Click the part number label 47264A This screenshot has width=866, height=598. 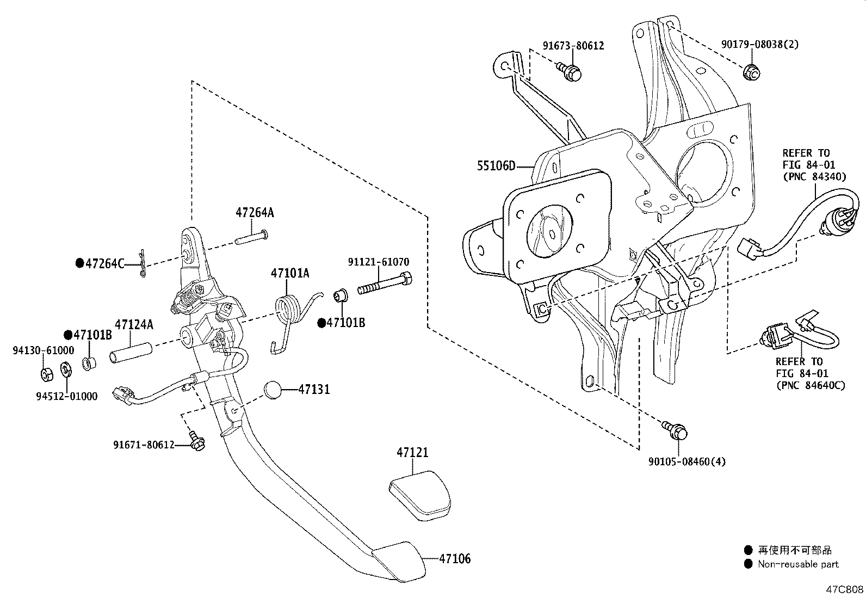tap(255, 213)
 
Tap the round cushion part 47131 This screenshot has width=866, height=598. tap(274, 390)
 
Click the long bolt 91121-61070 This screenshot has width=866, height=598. tap(384, 284)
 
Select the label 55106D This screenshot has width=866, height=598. tap(496, 166)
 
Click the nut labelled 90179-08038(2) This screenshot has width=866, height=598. tap(751, 72)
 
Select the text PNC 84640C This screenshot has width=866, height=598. tap(810, 386)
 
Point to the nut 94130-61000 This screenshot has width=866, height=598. tap(46, 374)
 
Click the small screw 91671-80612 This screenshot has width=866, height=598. tap(196, 441)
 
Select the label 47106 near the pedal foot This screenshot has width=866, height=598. tap(455, 559)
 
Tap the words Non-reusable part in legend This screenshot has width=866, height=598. tap(798, 565)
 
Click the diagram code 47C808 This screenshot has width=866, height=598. tap(845, 589)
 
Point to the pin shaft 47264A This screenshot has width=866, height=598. tap(251, 238)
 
